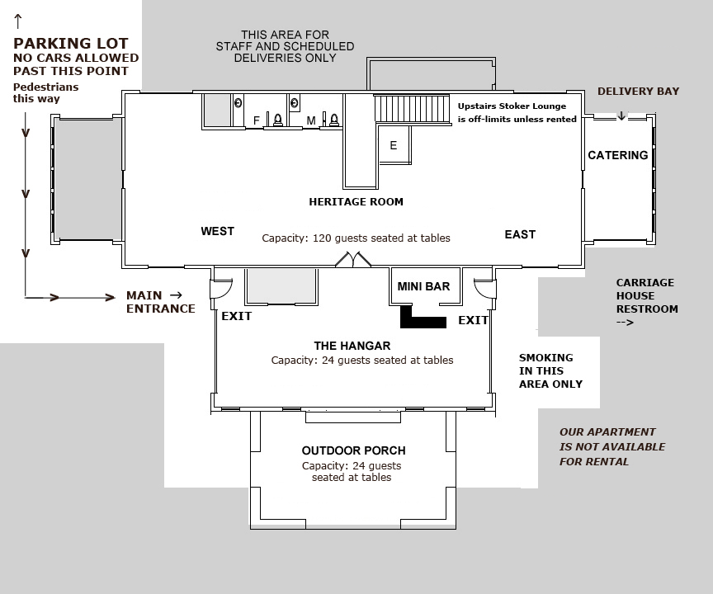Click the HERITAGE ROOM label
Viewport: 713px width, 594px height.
[x=356, y=201]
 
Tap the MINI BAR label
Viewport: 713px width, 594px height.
[x=423, y=286]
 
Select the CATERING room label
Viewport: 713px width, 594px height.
[x=617, y=155]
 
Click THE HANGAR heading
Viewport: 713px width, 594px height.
[x=352, y=346]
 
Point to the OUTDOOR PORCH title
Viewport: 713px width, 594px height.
[x=353, y=450]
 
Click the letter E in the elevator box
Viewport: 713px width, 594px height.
[x=394, y=146]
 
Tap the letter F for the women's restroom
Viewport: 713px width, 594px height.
[x=257, y=121]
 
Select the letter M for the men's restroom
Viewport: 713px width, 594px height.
[x=311, y=121]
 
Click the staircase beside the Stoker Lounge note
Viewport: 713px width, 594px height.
[x=412, y=108]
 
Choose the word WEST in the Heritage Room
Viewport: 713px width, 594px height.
[x=217, y=232]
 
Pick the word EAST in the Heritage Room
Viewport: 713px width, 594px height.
[x=520, y=235]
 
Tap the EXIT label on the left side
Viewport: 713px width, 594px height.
[x=236, y=316]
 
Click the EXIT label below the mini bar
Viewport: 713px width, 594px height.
[x=473, y=320]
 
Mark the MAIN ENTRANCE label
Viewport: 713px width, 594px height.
[x=160, y=302]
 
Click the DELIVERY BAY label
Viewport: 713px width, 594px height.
[x=638, y=91]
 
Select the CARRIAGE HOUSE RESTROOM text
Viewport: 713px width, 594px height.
[x=646, y=295]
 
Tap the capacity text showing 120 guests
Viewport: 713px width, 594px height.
[x=356, y=238]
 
